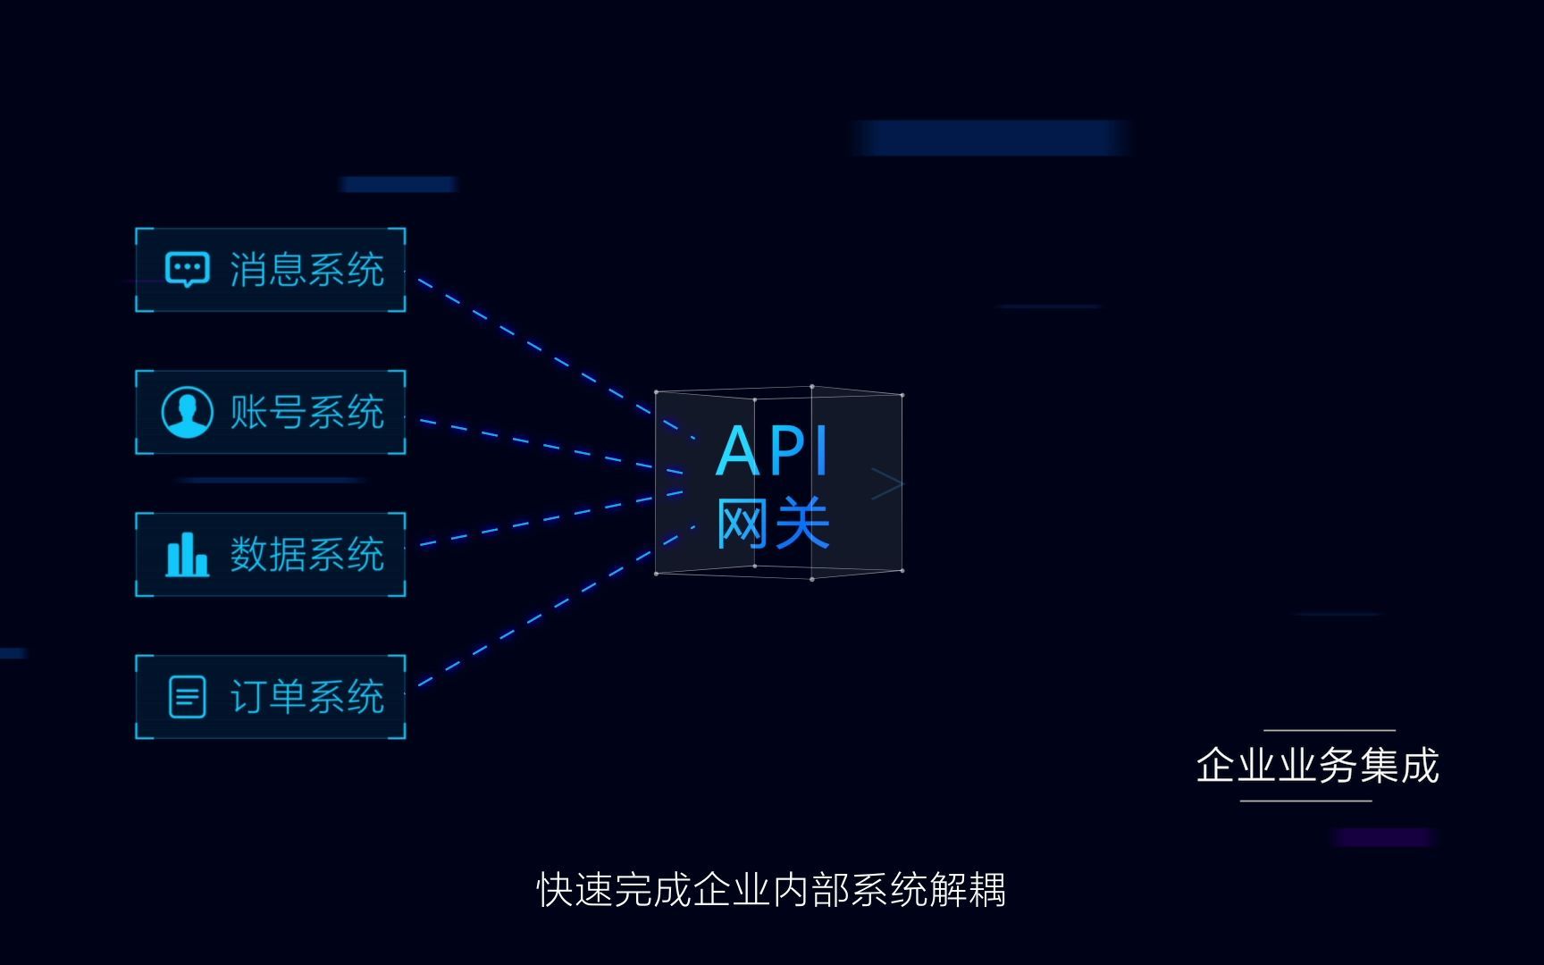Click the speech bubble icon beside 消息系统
click(x=188, y=269)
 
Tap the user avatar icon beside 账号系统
click(x=188, y=412)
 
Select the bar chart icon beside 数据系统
click(x=188, y=554)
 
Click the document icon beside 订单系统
click(x=188, y=697)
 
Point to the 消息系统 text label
click(x=307, y=269)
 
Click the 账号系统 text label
click(x=307, y=412)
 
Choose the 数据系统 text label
click(x=307, y=554)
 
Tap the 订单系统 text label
click(x=307, y=697)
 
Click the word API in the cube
click(x=774, y=451)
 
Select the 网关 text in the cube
click(x=774, y=524)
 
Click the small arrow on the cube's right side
click(x=887, y=483)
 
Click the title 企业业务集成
click(x=1317, y=766)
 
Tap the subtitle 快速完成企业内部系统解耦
click(x=771, y=890)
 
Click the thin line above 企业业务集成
click(x=1330, y=731)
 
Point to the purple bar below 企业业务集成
click(x=1384, y=837)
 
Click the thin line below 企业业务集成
click(x=1305, y=801)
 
